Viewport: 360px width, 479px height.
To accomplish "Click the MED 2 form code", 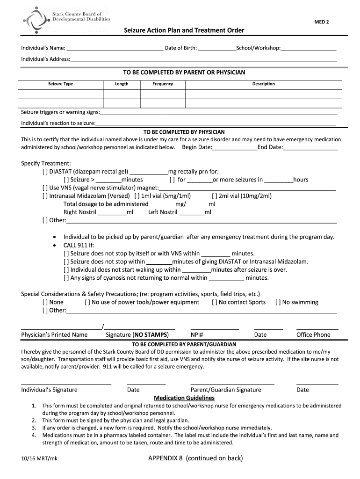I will (x=321, y=22).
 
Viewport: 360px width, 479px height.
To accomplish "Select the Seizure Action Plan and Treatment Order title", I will (x=184, y=30).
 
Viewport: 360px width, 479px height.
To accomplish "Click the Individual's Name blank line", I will (x=115, y=48).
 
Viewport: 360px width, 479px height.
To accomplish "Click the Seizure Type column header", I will (x=60, y=84).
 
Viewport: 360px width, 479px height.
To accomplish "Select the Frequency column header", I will (x=163, y=84).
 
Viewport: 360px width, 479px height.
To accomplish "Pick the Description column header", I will (x=263, y=84).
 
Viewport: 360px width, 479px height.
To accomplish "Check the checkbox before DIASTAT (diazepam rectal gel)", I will (x=45, y=172).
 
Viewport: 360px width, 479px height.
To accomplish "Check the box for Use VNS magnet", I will (x=45, y=188).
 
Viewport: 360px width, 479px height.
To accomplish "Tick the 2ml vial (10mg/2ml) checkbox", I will (x=215, y=196).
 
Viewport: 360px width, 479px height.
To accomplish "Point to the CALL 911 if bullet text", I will (x=79, y=245).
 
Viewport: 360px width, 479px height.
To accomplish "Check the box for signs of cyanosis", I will (x=66, y=278).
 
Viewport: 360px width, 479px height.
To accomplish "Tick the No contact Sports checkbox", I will (x=215, y=302).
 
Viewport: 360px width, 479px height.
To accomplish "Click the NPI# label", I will (x=197, y=335).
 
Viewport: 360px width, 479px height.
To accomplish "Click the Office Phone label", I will (x=313, y=335).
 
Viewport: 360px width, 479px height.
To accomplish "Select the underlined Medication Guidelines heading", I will (x=184, y=398).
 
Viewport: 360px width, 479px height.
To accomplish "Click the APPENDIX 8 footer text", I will (x=195, y=458).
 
